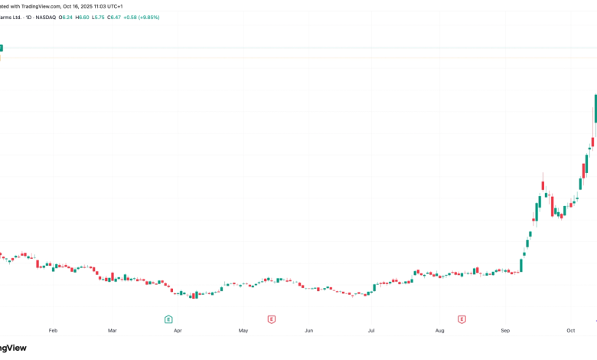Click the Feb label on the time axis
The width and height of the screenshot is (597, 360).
53,331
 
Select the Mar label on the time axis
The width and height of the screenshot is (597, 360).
112,331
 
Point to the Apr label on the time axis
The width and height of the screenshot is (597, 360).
178,331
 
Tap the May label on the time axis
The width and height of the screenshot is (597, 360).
243,331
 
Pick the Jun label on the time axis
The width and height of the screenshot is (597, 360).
309,331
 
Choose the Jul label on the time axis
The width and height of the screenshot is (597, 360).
371,331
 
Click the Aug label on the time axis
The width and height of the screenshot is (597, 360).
439,331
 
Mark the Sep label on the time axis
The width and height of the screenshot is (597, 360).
505,331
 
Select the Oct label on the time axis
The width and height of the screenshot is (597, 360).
570,331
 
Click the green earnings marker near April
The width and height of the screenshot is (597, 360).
168,319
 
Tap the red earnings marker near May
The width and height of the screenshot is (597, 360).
271,319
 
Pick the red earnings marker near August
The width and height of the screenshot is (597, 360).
462,319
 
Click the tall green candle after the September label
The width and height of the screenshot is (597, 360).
521,265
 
